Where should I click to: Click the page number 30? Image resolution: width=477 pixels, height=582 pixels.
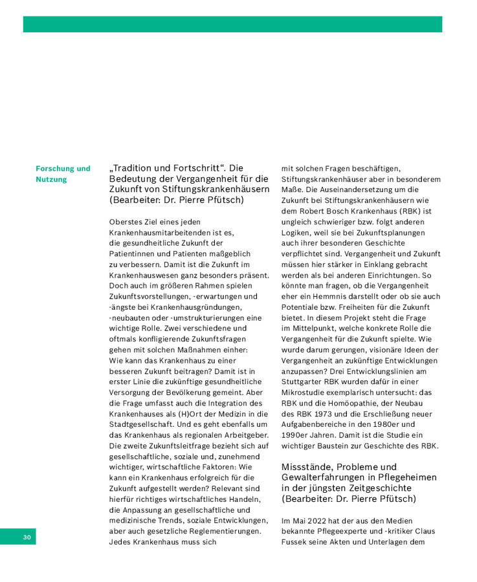tap(27, 537)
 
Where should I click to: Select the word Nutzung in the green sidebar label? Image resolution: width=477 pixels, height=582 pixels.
tap(51, 180)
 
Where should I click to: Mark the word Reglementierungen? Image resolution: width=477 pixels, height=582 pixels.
tap(221, 530)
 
